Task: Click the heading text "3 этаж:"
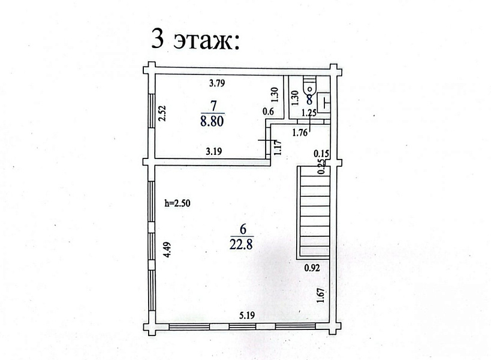coord(195,39)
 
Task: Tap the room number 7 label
coord(213,106)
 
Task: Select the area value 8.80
coord(212,121)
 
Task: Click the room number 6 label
coord(242,229)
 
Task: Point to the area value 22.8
coord(241,244)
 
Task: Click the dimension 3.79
coord(218,83)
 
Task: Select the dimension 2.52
coord(162,113)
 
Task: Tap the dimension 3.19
coord(214,152)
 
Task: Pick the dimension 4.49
coord(168,249)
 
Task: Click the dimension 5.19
coord(248,316)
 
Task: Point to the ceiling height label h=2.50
coord(177,203)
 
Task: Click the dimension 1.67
coord(320,295)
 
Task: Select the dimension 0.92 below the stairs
coord(312,268)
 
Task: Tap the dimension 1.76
coord(300,133)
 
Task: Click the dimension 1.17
coord(278,147)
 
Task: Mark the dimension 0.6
coord(268,111)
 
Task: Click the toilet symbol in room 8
coord(310,85)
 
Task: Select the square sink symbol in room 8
coord(324,102)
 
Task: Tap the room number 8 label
coord(309,100)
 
